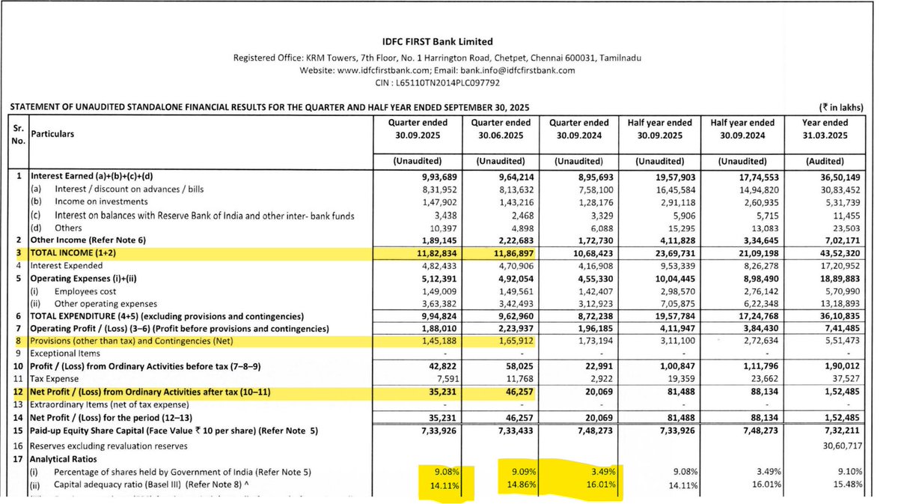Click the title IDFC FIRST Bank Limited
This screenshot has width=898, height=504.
click(437, 42)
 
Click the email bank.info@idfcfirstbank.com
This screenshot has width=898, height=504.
click(516, 70)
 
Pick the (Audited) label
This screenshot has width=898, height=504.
click(825, 161)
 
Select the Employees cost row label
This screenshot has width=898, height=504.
click(88, 291)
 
